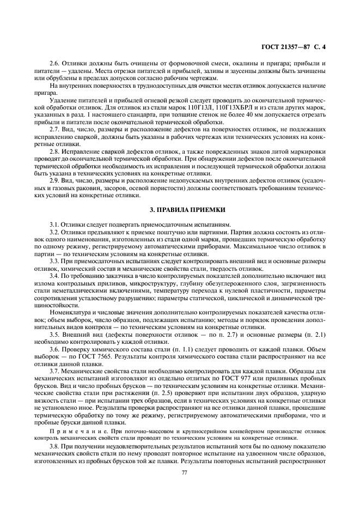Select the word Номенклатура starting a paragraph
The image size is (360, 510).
point(69,311)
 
